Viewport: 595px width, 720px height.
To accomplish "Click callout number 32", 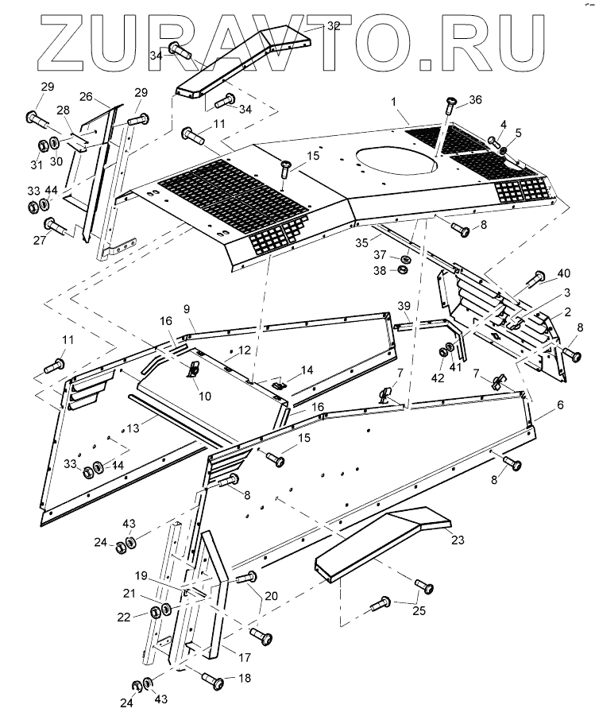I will tap(334, 25).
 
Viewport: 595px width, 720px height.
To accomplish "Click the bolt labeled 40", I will tap(535, 278).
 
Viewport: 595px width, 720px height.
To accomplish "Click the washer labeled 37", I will tap(405, 259).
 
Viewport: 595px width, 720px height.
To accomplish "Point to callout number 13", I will tap(133, 428).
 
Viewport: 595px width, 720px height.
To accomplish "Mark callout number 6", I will tap(560, 405).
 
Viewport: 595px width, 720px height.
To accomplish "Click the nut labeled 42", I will tap(443, 352).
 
